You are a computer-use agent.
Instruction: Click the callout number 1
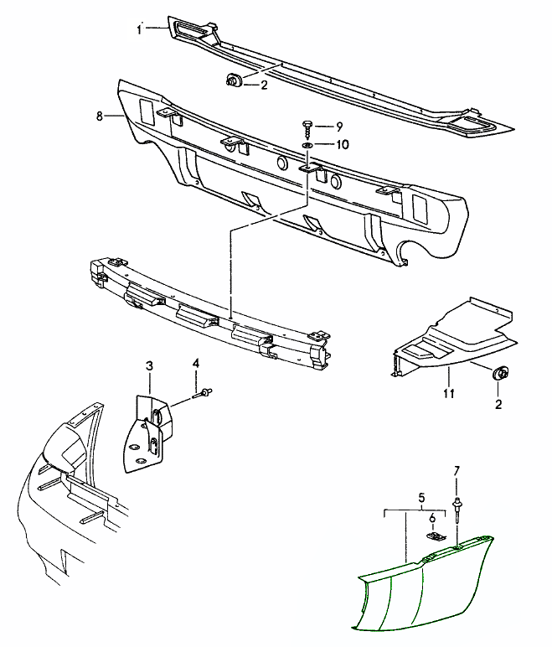pyautogui.click(x=140, y=29)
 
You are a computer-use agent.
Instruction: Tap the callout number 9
pyautogui.click(x=339, y=127)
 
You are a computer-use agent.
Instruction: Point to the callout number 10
pyautogui.click(x=342, y=145)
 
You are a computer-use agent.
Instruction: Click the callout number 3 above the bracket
pyautogui.click(x=149, y=365)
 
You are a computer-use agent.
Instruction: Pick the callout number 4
pyautogui.click(x=196, y=363)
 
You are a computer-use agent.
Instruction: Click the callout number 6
pyautogui.click(x=432, y=518)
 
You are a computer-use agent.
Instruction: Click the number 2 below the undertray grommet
pyautogui.click(x=500, y=405)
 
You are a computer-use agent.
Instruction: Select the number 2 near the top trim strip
pyautogui.click(x=263, y=85)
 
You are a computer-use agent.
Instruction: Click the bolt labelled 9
pyautogui.click(x=307, y=128)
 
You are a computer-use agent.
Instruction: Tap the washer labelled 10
pyautogui.click(x=308, y=146)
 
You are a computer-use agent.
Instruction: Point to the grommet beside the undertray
pyautogui.click(x=502, y=374)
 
